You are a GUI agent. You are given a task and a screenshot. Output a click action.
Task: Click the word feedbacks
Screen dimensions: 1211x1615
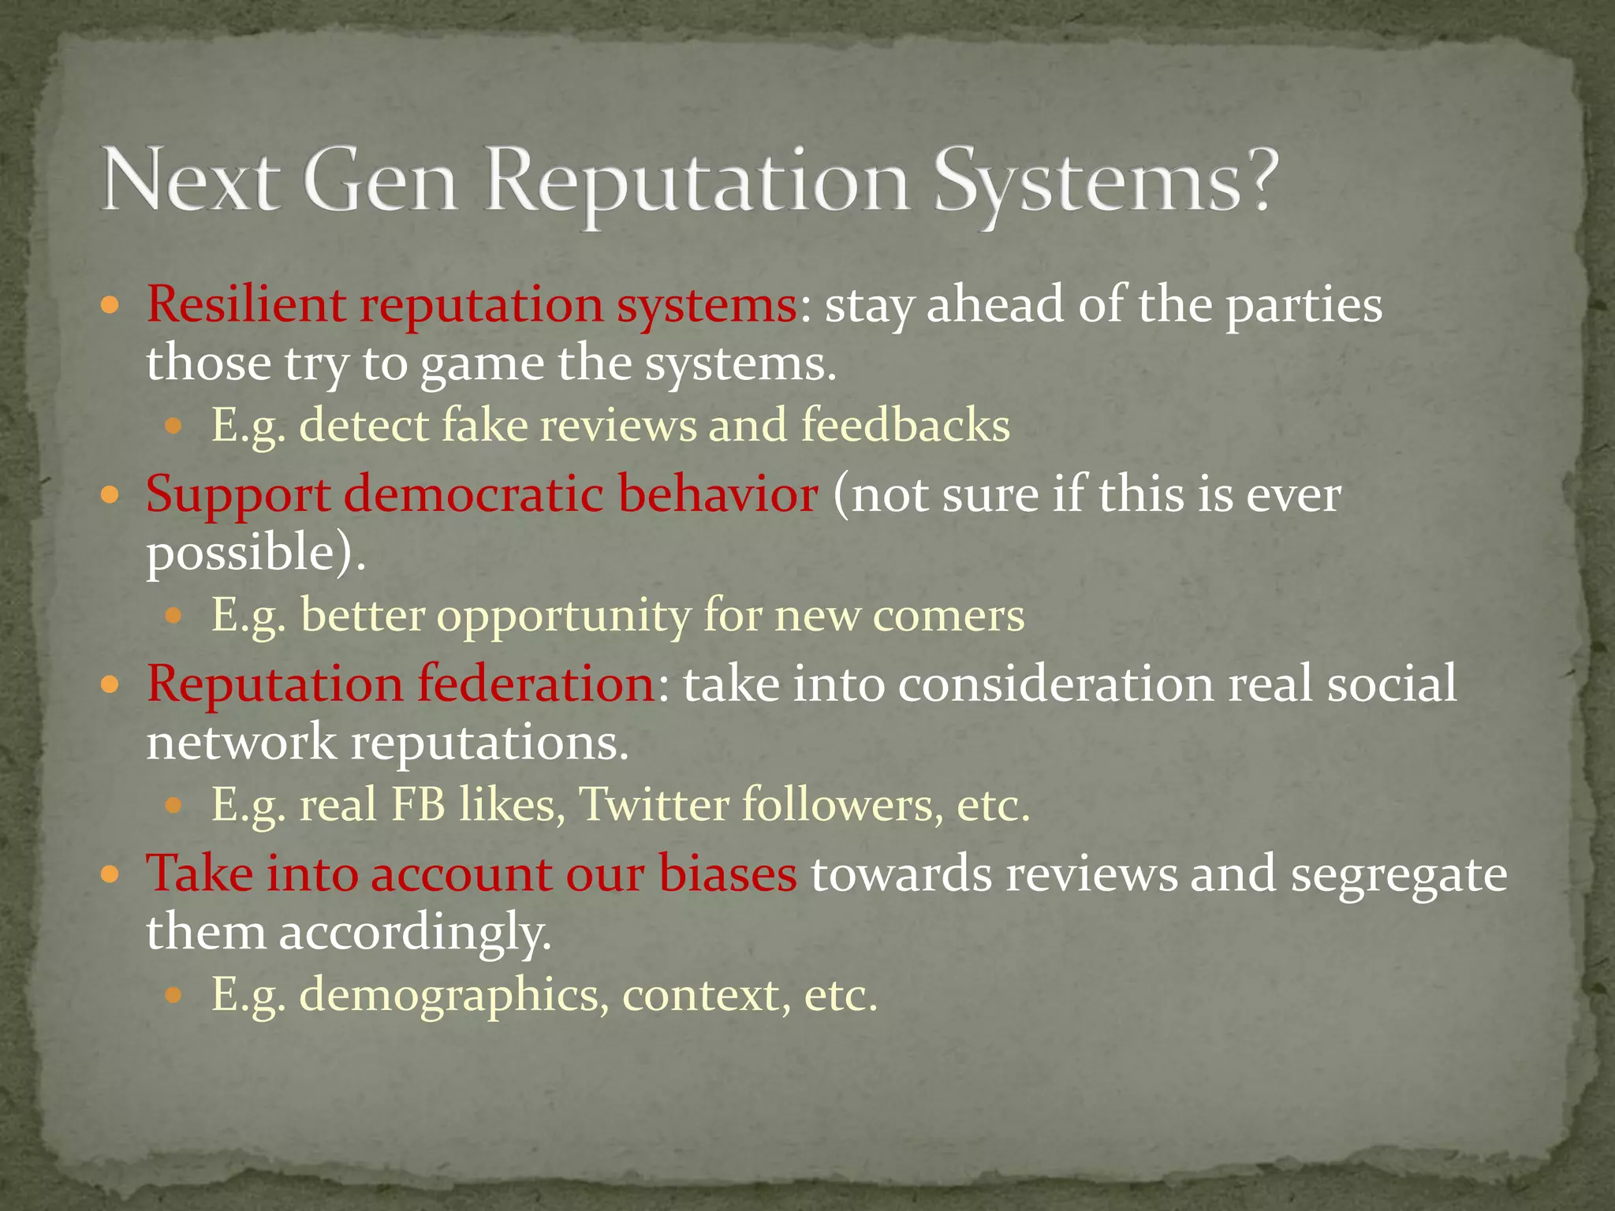905,425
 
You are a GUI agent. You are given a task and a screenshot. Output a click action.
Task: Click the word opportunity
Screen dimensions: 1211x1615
563,616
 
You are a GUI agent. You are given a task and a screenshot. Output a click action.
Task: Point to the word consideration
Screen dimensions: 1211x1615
1056,684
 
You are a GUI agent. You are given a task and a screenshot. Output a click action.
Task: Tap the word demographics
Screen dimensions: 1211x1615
454,996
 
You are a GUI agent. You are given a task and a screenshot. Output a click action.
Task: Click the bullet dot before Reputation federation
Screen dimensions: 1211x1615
110,684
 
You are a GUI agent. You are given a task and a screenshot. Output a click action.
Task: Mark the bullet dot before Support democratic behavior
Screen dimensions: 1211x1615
110,495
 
